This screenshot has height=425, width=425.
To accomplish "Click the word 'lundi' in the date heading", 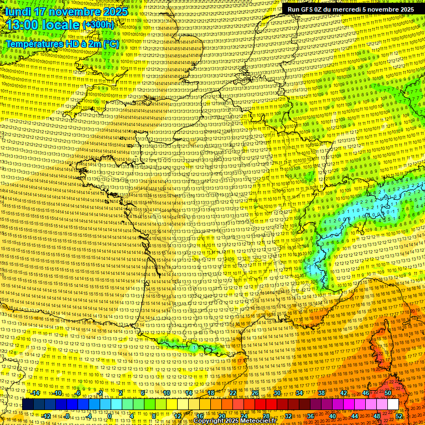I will click(18, 11).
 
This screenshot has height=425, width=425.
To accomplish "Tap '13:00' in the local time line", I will click(22, 25).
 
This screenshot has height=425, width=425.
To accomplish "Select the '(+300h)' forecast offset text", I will click(98, 25).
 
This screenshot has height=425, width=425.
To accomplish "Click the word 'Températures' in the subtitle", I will click(33, 43).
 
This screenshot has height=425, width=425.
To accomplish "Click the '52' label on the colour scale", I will click(399, 416).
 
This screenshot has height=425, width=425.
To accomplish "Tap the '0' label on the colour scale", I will click(110, 416).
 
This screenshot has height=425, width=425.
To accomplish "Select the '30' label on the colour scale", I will click(277, 393).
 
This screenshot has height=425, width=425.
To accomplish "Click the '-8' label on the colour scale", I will click(68, 416).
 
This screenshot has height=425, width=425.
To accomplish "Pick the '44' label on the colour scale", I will click(355, 416).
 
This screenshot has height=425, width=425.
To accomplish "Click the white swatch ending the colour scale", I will click(393, 405).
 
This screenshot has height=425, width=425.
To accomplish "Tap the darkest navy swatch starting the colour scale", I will click(28, 405).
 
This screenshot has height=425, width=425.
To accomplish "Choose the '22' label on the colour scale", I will click(232, 393).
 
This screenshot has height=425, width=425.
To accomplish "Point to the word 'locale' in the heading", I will click(60, 25).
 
